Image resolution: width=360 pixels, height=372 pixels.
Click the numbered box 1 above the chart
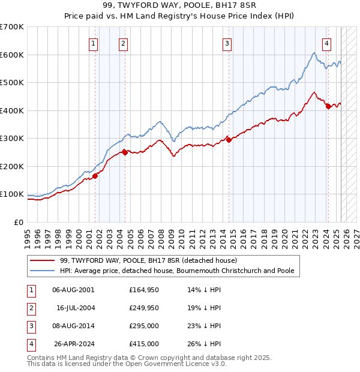[94, 43]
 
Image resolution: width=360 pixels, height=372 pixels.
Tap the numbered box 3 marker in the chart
[227, 43]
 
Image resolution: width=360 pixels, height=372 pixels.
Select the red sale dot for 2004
[124, 152]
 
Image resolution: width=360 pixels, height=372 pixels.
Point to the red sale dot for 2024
[328, 106]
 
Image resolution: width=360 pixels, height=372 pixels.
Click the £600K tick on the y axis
[12, 55]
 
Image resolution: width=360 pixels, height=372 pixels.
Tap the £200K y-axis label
[12, 166]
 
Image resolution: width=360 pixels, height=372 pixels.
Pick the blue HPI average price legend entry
[177, 271]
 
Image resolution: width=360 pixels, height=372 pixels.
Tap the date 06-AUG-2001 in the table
[73, 290]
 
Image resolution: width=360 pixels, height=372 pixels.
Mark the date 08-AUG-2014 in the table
[73, 326]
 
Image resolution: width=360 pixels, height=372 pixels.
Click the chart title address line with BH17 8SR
[179, 6]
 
